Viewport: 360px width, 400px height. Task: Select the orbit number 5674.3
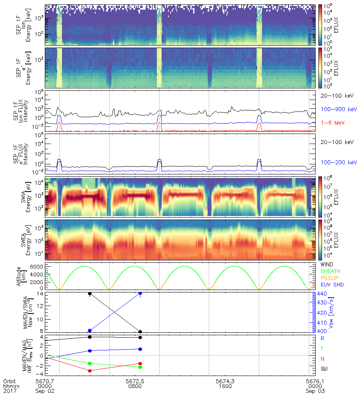click(226, 381)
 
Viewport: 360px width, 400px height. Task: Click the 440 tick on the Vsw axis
click(322, 294)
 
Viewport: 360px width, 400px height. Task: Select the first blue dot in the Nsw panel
click(90, 330)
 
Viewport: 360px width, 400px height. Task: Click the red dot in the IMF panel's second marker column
click(140, 364)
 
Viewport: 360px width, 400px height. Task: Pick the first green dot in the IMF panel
click(90, 363)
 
